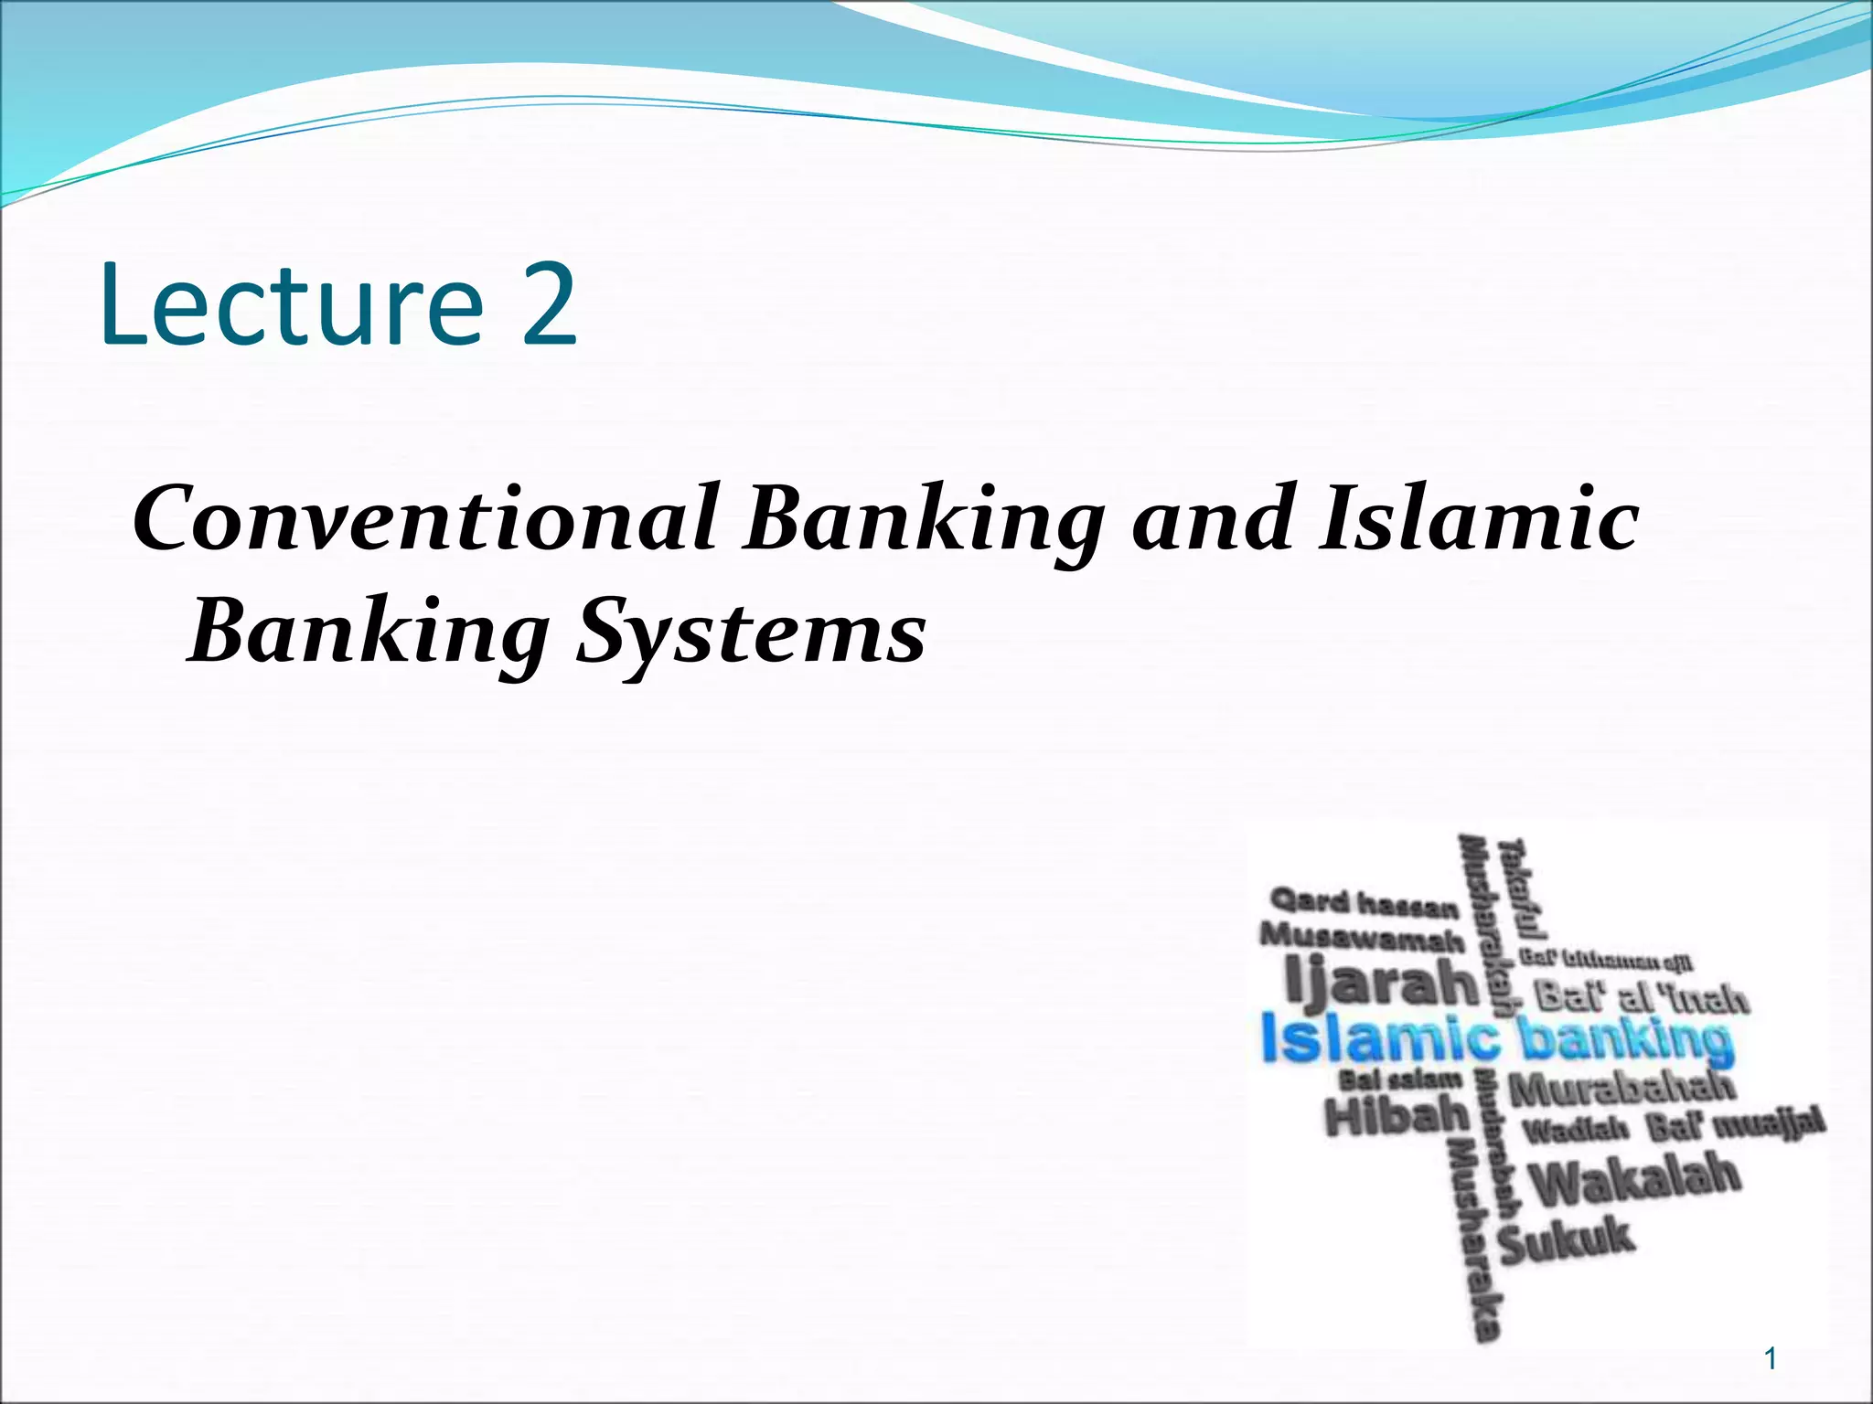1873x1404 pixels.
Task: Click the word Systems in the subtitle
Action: [750, 635]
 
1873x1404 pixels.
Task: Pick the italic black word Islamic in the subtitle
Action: [1477, 519]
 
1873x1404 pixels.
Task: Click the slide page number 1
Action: [1771, 1359]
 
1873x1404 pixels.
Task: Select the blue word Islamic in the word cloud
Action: [1379, 1040]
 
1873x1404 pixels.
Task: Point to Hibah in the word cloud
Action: [1397, 1115]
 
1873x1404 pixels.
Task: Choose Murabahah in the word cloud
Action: [1620, 1088]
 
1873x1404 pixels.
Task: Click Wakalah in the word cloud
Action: [1633, 1180]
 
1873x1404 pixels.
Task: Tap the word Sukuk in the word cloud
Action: [1565, 1239]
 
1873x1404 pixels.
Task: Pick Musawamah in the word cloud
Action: [1362, 938]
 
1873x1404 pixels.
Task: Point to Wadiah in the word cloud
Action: [1576, 1131]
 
